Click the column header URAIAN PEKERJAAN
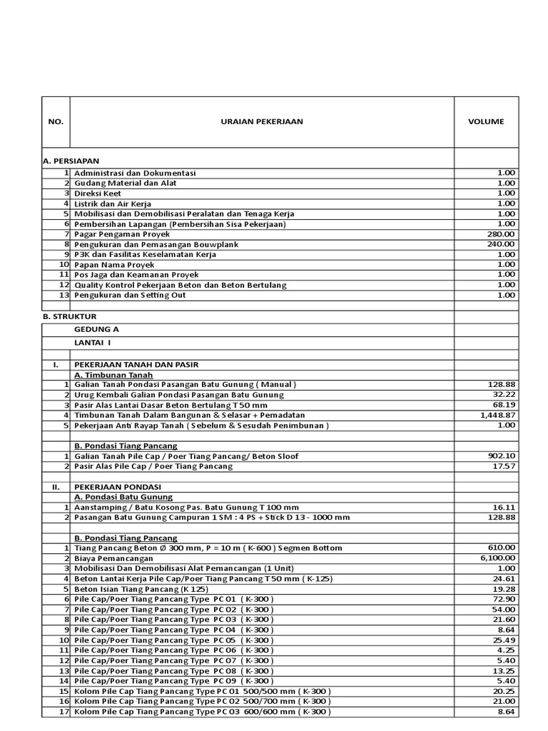pyautogui.click(x=261, y=122)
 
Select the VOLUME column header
pyautogui.click(x=486, y=122)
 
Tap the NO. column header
pyautogui.click(x=56, y=122)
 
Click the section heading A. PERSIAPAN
pyautogui.click(x=71, y=162)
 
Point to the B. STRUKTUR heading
pyautogui.click(x=70, y=316)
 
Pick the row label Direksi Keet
pyautogui.click(x=98, y=193)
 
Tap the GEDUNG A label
pyautogui.click(x=96, y=329)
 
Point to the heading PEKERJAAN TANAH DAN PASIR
pyautogui.click(x=136, y=365)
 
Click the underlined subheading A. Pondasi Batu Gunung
pyautogui.click(x=124, y=497)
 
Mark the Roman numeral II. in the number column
pyautogui.click(x=55, y=487)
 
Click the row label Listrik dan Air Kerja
pyautogui.click(x=113, y=203)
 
